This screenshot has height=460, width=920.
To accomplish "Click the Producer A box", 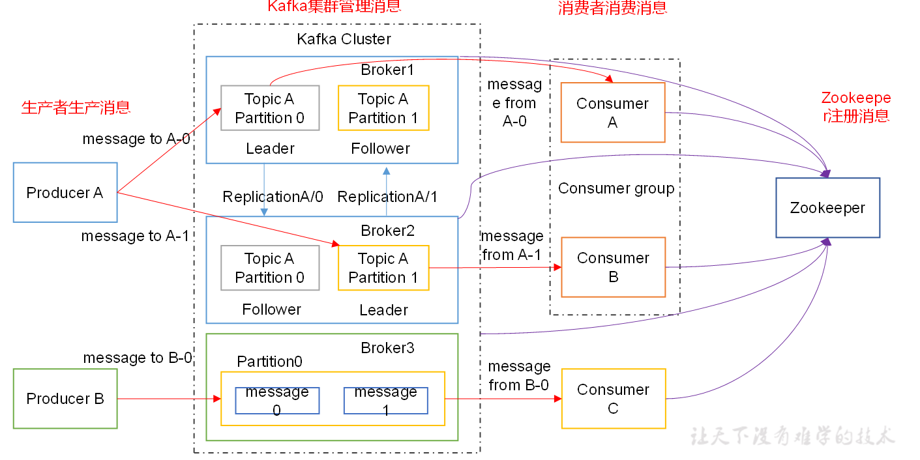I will pos(65,193).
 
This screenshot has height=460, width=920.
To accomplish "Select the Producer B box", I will pos(65,399).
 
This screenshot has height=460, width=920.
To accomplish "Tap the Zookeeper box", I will pos(827,208).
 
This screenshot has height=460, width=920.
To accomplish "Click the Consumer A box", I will pos(613,113).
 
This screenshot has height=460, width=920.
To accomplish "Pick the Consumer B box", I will pos(613,267).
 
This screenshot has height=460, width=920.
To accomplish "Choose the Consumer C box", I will pos(614,399).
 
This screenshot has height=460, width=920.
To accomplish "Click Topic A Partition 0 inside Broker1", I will pos(270,108).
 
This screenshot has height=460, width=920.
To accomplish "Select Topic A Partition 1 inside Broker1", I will pos(383,108).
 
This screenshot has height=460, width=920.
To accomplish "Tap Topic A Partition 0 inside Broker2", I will pos(270,268).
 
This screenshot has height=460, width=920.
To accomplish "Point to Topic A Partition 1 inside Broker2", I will pos(383,268).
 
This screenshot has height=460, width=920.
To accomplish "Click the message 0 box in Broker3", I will pos(277,401).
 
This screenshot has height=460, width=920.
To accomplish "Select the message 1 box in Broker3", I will pos(385,401).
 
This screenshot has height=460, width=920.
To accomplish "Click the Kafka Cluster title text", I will pos(344,39).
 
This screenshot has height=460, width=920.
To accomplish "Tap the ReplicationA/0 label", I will pos(273,197).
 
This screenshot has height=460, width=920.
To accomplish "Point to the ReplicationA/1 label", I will pos(387,197).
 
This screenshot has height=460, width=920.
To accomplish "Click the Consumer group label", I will pos(616,188).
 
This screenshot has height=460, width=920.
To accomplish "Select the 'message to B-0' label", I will pos(138,358).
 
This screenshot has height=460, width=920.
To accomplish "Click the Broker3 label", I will pos(387,348).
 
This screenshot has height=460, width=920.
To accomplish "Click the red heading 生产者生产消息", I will pos(76,108).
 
